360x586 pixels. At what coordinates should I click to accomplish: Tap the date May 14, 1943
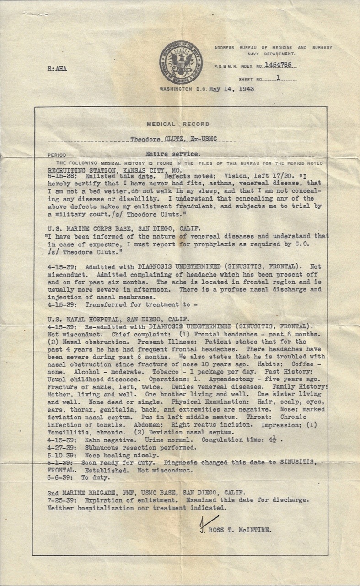pyautogui.click(x=231, y=89)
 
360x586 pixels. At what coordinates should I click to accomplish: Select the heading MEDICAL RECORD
pyautogui.click(x=178, y=124)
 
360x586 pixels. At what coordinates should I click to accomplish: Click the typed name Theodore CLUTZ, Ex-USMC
pyautogui.click(x=173, y=140)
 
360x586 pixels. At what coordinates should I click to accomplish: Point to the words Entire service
pyautogui.click(x=172, y=155)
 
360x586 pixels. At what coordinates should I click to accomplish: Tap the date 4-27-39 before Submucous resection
pyautogui.click(x=61, y=447)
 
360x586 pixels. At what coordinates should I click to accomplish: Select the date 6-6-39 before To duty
pyautogui.click(x=59, y=477)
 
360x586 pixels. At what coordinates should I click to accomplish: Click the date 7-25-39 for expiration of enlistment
pyautogui.click(x=61, y=500)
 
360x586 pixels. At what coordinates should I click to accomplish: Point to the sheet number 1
pyautogui.click(x=278, y=78)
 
